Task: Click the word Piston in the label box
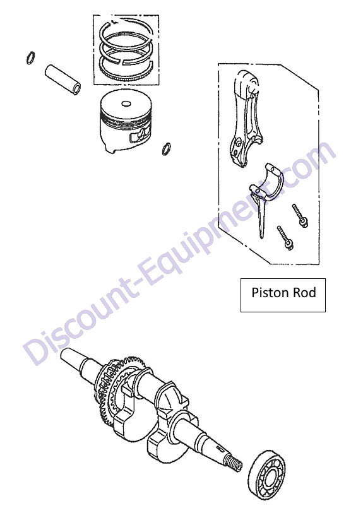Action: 270,293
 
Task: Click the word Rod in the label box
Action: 304,293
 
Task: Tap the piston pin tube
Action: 63,80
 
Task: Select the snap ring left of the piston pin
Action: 31,58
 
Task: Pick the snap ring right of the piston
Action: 166,149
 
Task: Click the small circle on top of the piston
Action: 126,104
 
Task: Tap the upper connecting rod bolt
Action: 300,216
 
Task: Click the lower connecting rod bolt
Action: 285,238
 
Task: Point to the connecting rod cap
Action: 267,185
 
